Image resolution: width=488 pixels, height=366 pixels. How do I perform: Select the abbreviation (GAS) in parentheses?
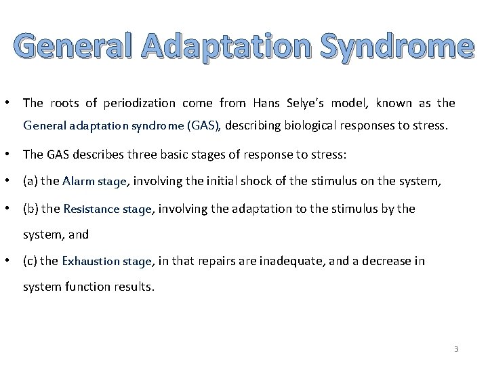206,125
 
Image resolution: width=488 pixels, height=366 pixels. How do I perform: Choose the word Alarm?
77,181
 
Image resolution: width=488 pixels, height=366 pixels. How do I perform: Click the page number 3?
456,349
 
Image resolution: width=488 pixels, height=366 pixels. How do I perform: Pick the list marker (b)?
30,209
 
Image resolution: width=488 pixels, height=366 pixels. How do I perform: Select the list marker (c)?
30,260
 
